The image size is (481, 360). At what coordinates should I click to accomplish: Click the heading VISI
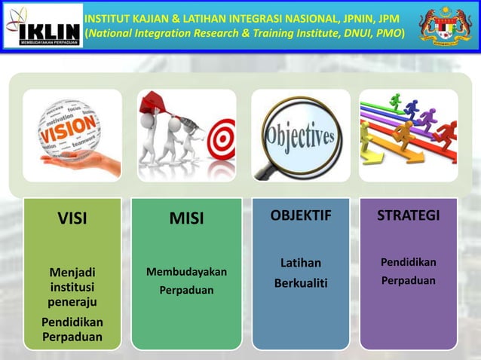coord(72,219)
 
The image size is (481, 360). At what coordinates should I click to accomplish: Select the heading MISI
coord(186,219)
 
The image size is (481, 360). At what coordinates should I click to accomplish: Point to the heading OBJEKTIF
coord(301,217)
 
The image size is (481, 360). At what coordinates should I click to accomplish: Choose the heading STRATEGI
coord(408,216)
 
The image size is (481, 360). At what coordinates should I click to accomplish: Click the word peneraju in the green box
coord(72,302)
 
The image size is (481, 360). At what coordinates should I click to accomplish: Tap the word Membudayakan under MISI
coord(186,272)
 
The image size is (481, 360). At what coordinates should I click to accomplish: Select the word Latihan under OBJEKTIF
coord(301,263)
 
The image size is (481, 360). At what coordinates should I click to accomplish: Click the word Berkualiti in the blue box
coord(301,282)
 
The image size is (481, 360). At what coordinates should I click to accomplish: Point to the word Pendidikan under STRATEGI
coord(408,262)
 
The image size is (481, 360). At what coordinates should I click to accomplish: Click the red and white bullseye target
coord(221,137)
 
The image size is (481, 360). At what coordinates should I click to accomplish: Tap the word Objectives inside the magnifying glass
coord(300,137)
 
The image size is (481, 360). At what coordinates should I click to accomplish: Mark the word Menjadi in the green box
coord(72,272)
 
